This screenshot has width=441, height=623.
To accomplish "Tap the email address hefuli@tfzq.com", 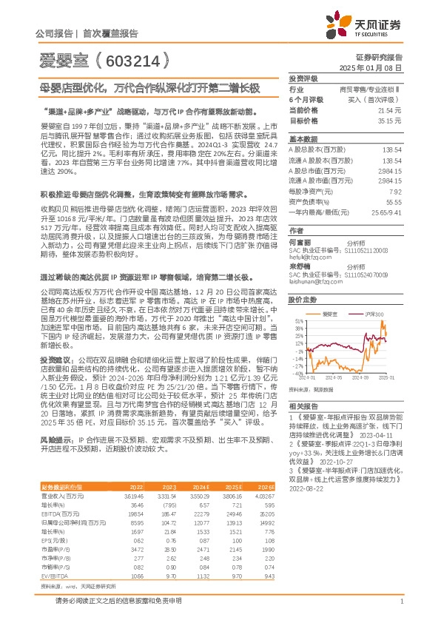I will [307, 260].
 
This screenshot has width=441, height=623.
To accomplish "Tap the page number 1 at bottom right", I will [400, 608].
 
